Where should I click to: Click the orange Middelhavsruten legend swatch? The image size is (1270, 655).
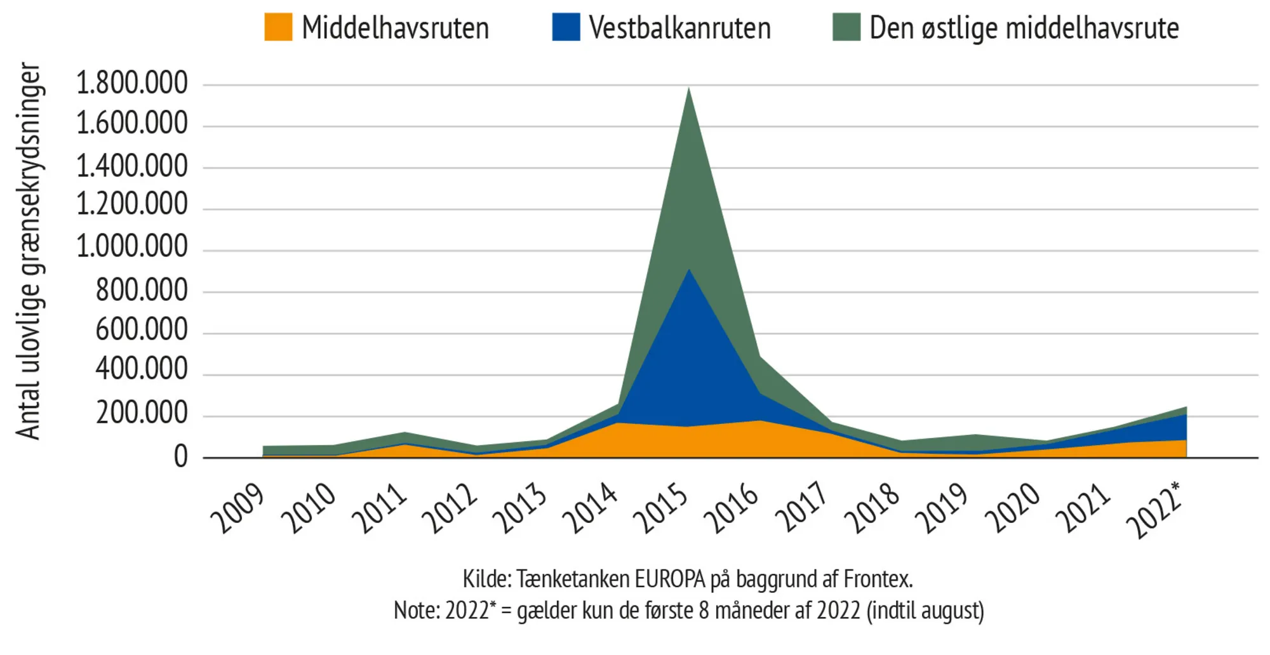[278, 27]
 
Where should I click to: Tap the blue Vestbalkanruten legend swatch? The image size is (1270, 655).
[566, 27]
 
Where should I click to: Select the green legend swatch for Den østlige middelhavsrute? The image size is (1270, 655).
[846, 27]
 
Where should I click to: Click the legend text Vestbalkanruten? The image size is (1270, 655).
[679, 28]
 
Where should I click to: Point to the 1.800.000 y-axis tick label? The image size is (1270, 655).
[132, 83]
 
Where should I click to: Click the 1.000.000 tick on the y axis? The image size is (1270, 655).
[132, 246]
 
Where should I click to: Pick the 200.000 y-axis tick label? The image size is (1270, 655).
[142, 413]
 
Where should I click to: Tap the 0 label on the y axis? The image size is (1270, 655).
[181, 457]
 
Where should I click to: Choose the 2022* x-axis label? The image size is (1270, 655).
[1155, 510]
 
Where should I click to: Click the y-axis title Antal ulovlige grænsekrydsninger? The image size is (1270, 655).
[29, 251]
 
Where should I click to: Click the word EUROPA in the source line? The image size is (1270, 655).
[667, 579]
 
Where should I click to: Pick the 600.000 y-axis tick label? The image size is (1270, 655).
[142, 330]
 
